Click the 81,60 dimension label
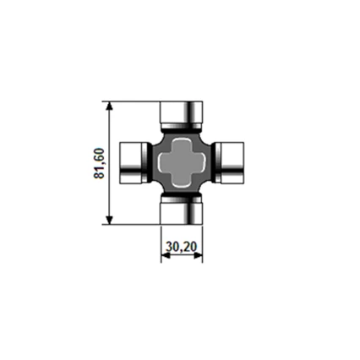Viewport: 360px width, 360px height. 99,163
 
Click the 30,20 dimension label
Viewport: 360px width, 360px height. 182,247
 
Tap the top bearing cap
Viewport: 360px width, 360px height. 181,115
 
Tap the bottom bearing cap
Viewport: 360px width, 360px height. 181,210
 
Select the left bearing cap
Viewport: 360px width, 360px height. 134,163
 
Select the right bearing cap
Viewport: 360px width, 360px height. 229,163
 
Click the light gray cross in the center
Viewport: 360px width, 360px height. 181,163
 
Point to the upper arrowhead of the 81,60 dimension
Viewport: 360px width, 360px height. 110,106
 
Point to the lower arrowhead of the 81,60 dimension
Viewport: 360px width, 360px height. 110,220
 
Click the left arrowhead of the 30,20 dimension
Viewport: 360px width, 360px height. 165,255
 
